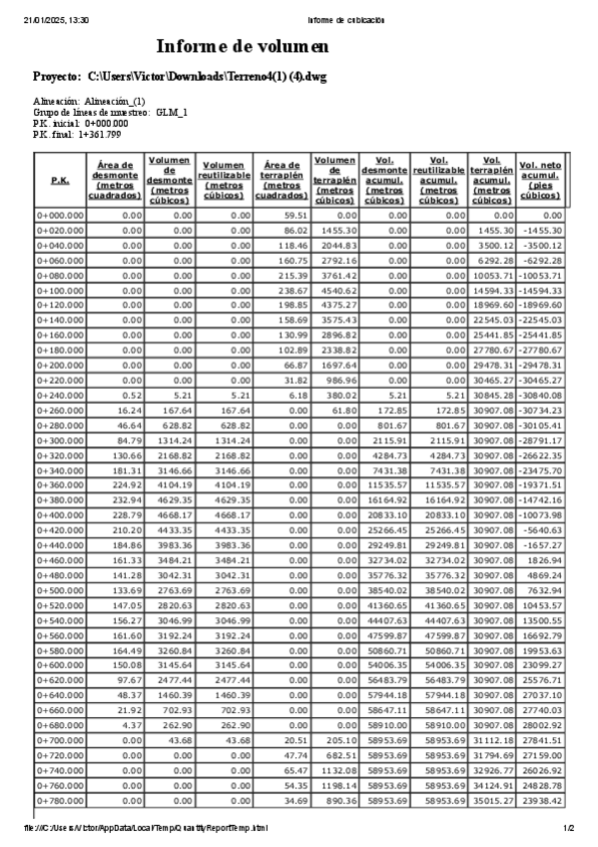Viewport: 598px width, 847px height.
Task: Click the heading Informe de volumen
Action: tap(243, 47)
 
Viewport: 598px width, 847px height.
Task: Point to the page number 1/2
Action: tap(568, 828)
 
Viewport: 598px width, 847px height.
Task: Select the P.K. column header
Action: tap(60, 180)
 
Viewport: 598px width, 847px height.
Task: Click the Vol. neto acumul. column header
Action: tap(539, 180)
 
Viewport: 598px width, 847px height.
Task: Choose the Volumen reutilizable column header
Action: tap(225, 180)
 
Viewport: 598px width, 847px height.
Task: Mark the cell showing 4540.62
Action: tap(335, 291)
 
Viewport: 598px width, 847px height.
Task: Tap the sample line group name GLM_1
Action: tap(173, 112)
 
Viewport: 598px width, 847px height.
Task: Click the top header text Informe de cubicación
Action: tap(346, 20)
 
